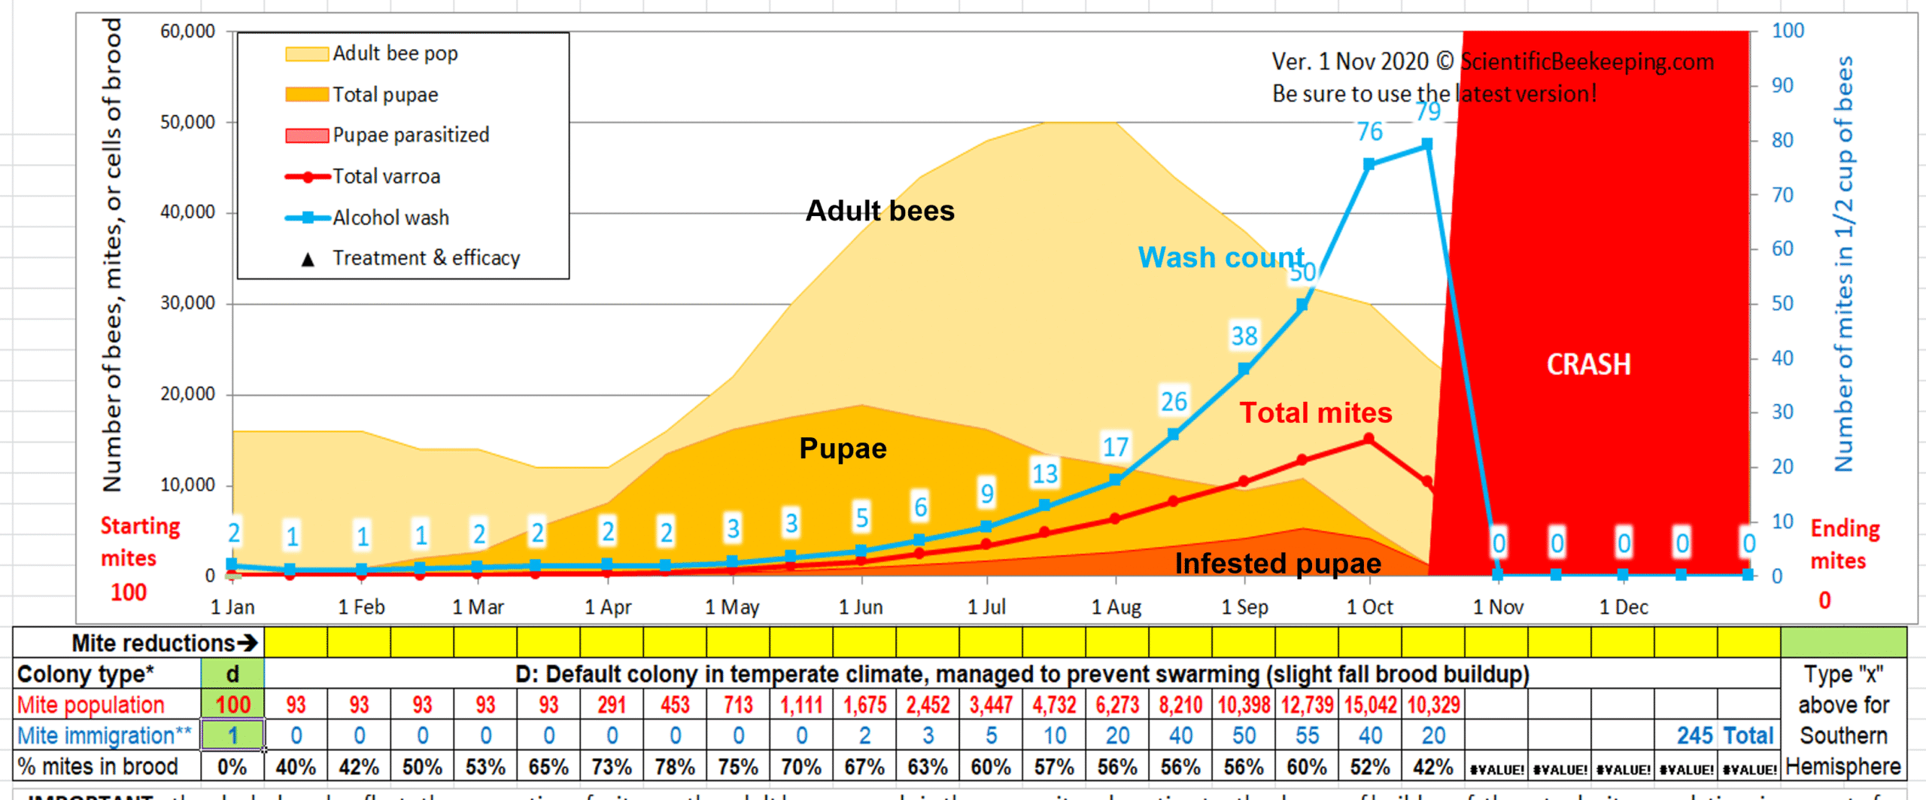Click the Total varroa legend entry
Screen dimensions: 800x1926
coord(386,177)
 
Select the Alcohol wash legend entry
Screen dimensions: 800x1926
coord(390,218)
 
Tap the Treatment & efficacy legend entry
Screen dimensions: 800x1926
coord(425,258)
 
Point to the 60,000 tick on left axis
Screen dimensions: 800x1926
coord(187,32)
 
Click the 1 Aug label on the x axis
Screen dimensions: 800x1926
coord(1116,607)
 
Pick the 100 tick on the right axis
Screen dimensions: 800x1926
coord(1788,32)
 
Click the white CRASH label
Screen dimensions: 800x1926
coord(1588,365)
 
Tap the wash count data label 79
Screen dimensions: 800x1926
coord(1428,112)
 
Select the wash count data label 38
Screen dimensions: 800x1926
coord(1244,336)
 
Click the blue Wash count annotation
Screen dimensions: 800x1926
coord(1221,258)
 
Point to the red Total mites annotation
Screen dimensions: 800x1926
coord(1316,413)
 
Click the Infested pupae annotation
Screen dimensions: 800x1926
coord(1277,564)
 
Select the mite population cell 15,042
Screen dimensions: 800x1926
coord(1370,705)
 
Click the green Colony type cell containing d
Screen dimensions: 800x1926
coord(232,674)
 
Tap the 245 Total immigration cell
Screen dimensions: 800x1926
coord(1724,736)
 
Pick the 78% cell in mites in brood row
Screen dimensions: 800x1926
coord(675,767)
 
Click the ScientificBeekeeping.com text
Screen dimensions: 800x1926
coord(1587,62)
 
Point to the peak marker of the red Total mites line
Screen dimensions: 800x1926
coord(1369,440)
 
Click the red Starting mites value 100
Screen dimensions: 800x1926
coord(129,593)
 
